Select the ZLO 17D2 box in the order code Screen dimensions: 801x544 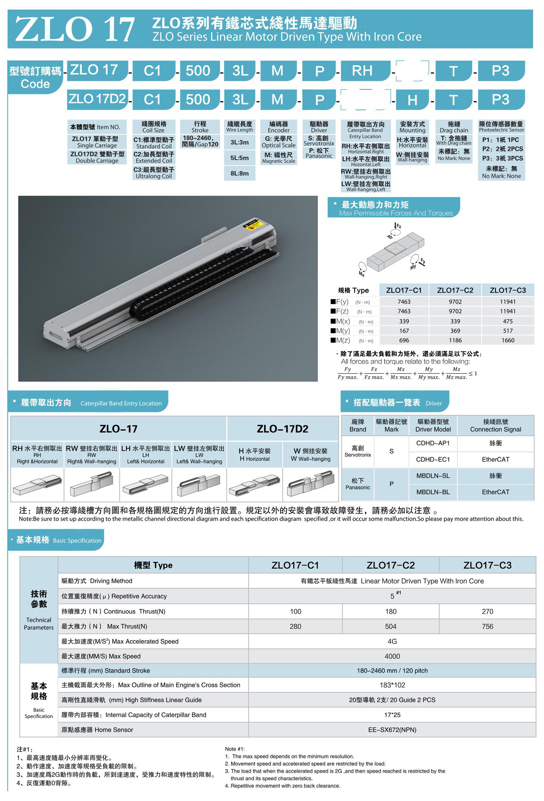pyautogui.click(x=97, y=99)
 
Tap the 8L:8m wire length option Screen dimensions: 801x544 pyautogui.click(x=239, y=173)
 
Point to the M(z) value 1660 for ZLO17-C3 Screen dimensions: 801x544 pyautogui.click(x=507, y=341)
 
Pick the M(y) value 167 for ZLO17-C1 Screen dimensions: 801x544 pyautogui.click(x=404, y=331)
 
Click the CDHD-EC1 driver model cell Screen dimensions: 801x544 pyautogui.click(x=433, y=459)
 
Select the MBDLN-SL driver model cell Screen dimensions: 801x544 pyautogui.click(x=433, y=476)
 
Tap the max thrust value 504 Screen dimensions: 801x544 pyautogui.click(x=390, y=627)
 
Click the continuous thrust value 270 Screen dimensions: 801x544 pyautogui.click(x=487, y=612)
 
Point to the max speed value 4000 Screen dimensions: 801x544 pyautogui.click(x=392, y=656)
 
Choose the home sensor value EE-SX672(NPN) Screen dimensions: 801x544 pyautogui.click(x=392, y=730)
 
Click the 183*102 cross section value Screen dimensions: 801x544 pyautogui.click(x=392, y=685)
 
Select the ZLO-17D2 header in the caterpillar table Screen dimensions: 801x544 pyautogui.click(x=283, y=429)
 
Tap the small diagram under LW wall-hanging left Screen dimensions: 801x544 pyautogui.click(x=199, y=485)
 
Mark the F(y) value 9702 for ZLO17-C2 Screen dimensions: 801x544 pyautogui.click(x=455, y=302)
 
